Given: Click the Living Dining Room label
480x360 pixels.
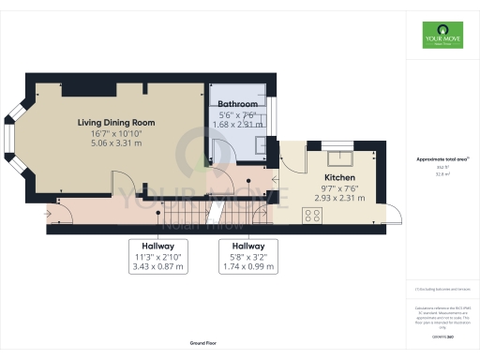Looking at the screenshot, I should tap(115, 121).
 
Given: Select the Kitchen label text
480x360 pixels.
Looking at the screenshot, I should tap(339, 177).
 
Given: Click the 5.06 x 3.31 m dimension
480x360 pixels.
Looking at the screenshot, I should tap(115, 143).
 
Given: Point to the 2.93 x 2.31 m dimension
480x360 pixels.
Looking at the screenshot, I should tap(339, 199).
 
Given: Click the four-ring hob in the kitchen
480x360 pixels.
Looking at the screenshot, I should tap(311, 215).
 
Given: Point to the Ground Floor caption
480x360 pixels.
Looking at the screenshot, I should tap(203, 344).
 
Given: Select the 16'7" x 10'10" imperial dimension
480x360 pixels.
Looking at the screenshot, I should tap(115, 132).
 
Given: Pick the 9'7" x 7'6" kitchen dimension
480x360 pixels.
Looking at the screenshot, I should tap(339, 188).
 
